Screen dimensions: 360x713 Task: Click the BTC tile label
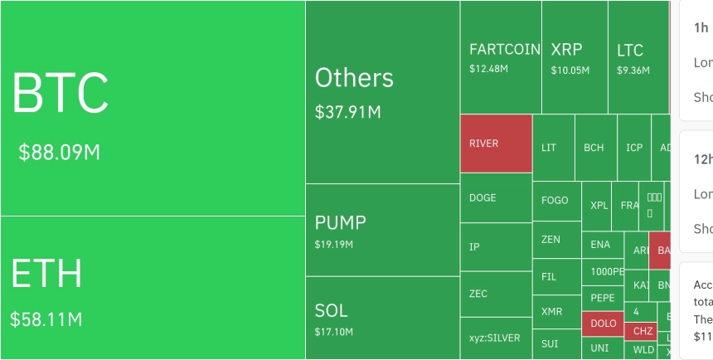pos(60,93)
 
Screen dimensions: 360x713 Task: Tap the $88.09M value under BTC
pos(59,153)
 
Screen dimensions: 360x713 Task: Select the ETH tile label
pos(46,275)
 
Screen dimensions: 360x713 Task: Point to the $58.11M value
pos(46,319)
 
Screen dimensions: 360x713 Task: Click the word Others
pos(354,78)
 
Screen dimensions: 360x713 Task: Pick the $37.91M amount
pos(347,111)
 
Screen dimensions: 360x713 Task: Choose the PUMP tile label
pos(340,223)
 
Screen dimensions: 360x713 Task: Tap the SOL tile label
pos(331,311)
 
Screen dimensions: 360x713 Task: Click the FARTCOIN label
pos(504,50)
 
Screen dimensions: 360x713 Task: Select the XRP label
pos(566,50)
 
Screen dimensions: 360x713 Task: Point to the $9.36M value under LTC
pos(633,71)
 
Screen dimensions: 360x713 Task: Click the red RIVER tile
pos(496,144)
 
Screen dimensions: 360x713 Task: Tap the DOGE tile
pos(496,198)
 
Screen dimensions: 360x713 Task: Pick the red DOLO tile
pos(603,324)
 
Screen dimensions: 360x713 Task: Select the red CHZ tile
pos(643,331)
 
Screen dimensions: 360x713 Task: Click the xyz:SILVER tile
pos(495,338)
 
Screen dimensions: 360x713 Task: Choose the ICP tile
pos(634,148)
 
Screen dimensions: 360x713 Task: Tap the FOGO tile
pos(555,201)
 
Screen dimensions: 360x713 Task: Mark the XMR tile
pos(551,312)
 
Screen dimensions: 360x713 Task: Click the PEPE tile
pos(602,297)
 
